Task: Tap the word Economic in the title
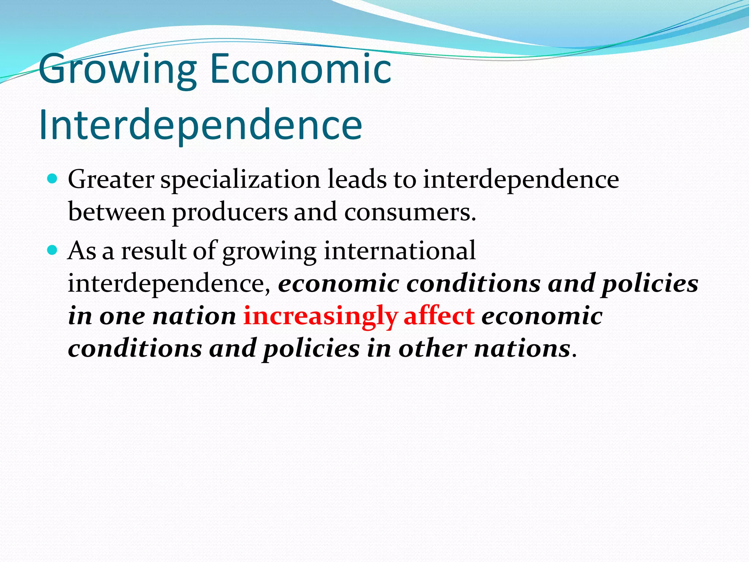tap(301, 68)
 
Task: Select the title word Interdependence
tap(200, 124)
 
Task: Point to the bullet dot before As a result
tap(53, 250)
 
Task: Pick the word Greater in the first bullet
tap(111, 180)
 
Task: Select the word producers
tap(230, 213)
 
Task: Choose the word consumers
tap(410, 213)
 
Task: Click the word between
tap(117, 212)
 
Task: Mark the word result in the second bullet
tap(154, 251)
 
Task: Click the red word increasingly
tap(320, 316)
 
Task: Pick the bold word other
tap(432, 348)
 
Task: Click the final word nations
tap(522, 348)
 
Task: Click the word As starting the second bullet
tap(82, 251)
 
